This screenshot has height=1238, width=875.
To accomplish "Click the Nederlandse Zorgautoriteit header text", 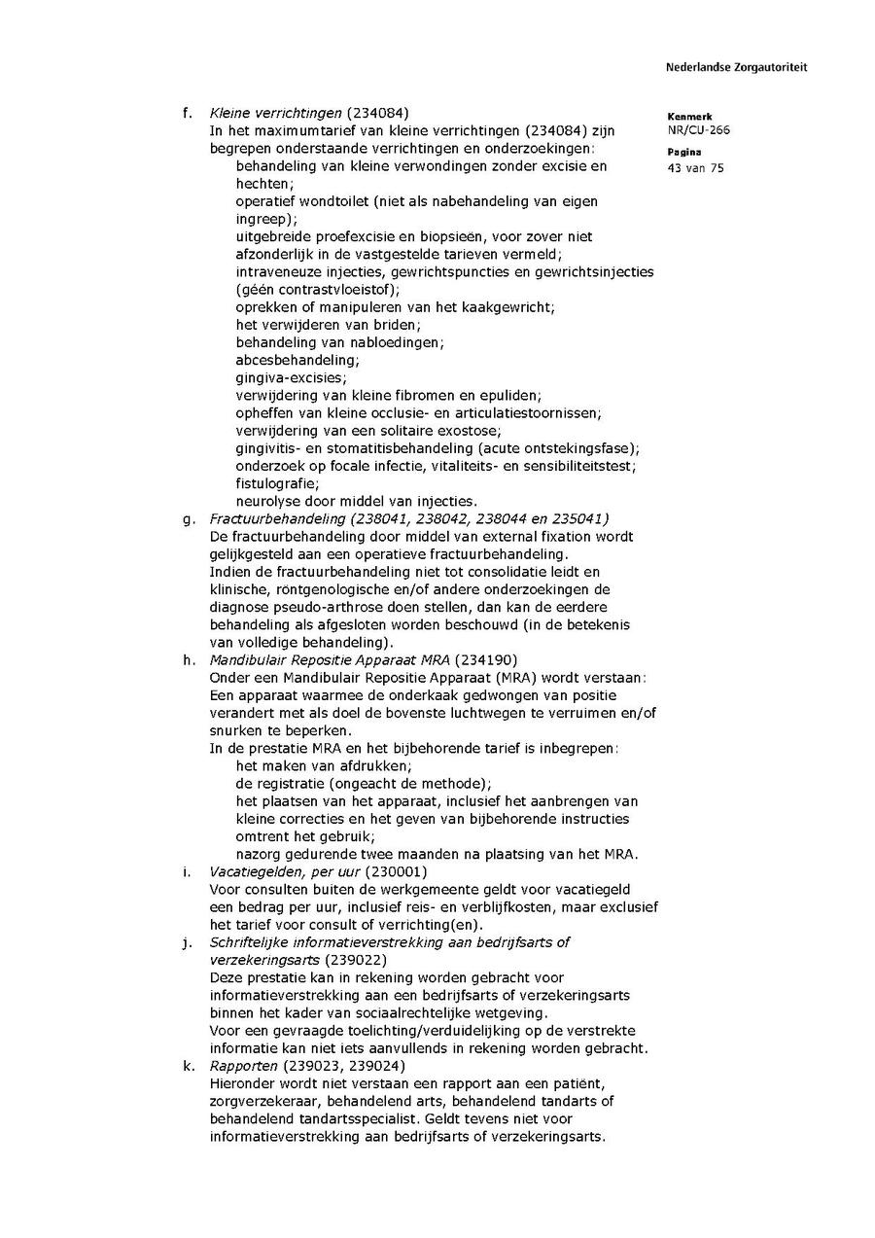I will tap(736, 67).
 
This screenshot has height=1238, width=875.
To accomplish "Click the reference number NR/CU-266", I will tap(698, 130).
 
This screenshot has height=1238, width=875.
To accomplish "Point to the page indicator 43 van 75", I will tap(695, 168).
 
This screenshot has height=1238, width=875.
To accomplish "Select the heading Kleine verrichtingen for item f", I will tap(276, 113).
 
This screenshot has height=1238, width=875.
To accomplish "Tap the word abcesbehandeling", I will tap(283, 360).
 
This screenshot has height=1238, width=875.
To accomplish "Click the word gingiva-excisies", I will tap(277, 377).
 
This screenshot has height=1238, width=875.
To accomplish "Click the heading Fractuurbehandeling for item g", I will tap(278, 518).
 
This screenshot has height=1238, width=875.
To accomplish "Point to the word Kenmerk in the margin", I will tap(689, 116).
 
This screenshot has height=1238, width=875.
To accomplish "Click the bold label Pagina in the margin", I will tap(684, 153).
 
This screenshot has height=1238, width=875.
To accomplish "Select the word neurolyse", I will tap(265, 501).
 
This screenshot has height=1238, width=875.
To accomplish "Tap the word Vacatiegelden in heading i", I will tap(254, 871).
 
